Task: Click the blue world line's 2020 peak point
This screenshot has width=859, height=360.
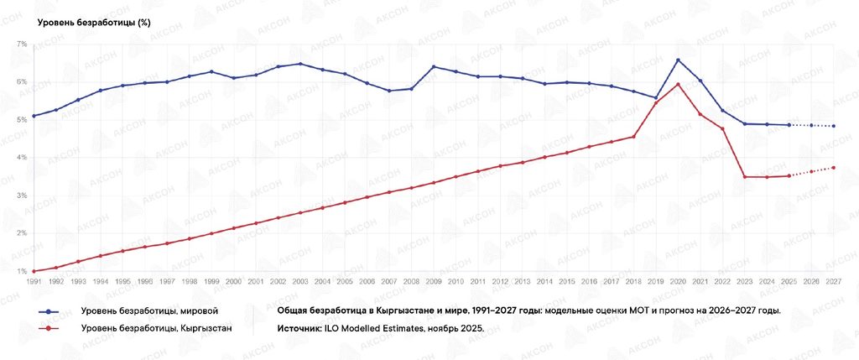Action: (x=678, y=60)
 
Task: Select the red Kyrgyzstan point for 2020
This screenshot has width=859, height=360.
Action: (x=678, y=84)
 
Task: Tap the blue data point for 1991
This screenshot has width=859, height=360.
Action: (x=34, y=116)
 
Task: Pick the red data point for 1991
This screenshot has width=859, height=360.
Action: (x=34, y=271)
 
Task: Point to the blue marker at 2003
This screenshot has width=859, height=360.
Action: (x=299, y=64)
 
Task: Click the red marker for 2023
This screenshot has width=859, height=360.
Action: (x=745, y=176)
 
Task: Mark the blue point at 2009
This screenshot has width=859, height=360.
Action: (x=434, y=67)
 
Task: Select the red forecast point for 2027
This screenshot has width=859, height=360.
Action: (x=833, y=168)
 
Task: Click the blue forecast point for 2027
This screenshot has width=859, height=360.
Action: (x=833, y=126)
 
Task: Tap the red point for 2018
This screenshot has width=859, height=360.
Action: (x=634, y=137)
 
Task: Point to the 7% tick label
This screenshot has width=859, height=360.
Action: (x=22, y=44)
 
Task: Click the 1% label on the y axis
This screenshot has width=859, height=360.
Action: (x=22, y=271)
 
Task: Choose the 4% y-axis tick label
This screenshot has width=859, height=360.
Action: (x=22, y=157)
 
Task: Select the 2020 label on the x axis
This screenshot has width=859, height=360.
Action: (x=678, y=280)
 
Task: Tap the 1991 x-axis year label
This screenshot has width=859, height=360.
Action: (x=34, y=280)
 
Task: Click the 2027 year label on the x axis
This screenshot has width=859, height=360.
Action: (x=833, y=280)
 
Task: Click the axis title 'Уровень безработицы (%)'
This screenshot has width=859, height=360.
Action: (x=94, y=23)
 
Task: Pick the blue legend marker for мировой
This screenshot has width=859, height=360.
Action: (x=49, y=311)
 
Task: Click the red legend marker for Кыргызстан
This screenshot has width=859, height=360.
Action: (x=49, y=329)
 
